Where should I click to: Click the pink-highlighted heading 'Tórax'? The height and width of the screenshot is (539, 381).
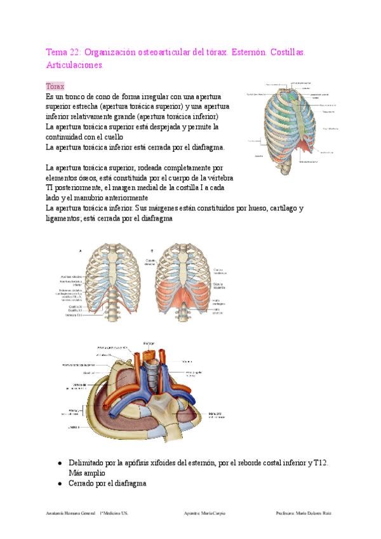55,86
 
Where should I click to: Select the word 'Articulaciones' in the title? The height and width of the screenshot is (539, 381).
74,65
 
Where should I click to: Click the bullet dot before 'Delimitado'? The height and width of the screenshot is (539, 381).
60,464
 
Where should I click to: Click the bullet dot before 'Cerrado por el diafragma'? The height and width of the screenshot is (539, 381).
60,484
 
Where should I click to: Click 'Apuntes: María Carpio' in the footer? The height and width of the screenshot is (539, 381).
203,513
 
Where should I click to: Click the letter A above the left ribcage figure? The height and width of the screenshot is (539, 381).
80,251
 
